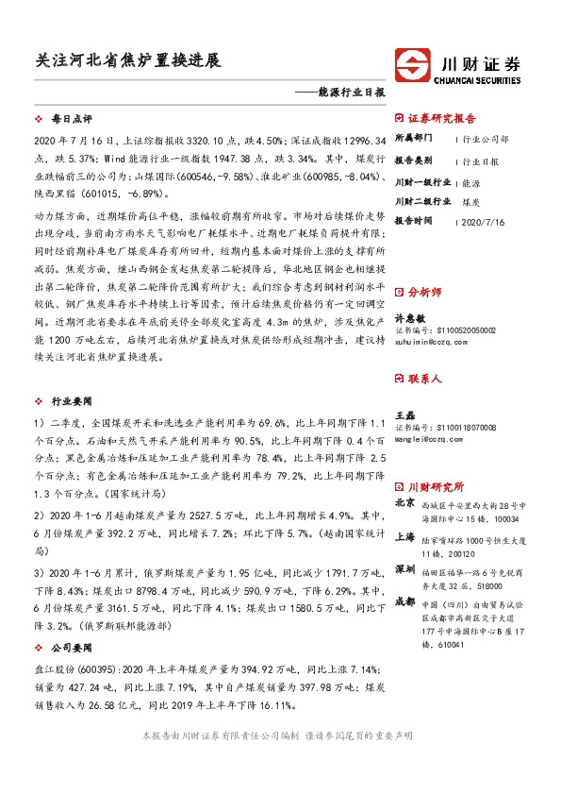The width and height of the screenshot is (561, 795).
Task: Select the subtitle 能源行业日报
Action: pos(349,93)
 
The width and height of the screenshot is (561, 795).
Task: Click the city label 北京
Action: pos(404,504)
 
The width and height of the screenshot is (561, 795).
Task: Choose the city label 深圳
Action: pos(404,570)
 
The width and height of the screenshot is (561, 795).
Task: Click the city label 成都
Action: pos(404,602)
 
